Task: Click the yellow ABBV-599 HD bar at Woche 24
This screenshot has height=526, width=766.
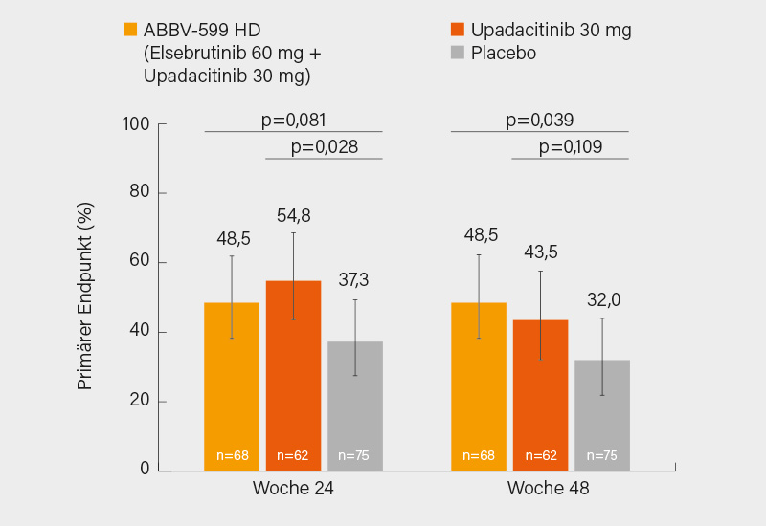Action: click(232, 386)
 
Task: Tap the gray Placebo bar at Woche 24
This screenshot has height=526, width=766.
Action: click(355, 405)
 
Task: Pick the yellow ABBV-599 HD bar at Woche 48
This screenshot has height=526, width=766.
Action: click(479, 386)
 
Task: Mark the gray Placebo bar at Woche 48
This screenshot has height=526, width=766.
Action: click(602, 415)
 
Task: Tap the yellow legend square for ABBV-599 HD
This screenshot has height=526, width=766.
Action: click(131, 30)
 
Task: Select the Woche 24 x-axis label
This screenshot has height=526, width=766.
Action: click(293, 488)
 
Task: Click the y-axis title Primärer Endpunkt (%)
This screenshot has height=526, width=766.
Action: click(85, 296)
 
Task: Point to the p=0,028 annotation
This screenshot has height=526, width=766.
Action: click(324, 147)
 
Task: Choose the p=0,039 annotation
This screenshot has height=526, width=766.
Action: click(539, 121)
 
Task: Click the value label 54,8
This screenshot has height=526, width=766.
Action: click(293, 216)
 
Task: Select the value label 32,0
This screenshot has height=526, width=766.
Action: click(602, 300)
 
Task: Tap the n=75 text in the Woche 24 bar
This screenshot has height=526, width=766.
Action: click(354, 455)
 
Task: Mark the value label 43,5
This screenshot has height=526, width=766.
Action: click(540, 252)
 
